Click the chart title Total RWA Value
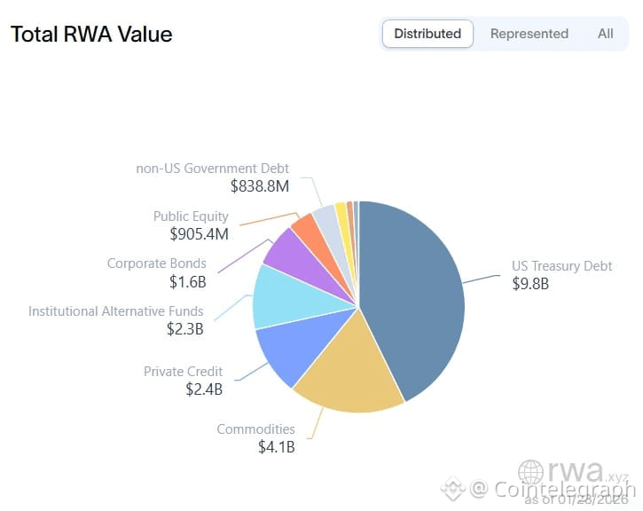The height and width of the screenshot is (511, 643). [91, 35]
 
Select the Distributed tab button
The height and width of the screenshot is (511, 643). [427, 34]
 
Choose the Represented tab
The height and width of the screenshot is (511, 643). [529, 34]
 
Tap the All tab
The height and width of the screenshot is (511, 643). [605, 34]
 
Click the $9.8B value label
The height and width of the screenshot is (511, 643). [530, 284]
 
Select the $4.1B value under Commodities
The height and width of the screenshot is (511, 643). [276, 447]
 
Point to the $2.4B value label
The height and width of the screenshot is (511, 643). [204, 389]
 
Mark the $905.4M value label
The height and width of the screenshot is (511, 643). [199, 234]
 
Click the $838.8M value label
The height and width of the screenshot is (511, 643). [259, 186]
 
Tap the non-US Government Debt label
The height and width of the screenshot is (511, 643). [212, 169]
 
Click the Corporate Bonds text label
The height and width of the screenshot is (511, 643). [156, 263]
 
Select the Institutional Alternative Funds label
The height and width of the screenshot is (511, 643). [115, 311]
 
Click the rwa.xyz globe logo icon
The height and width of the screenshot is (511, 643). [531, 472]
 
